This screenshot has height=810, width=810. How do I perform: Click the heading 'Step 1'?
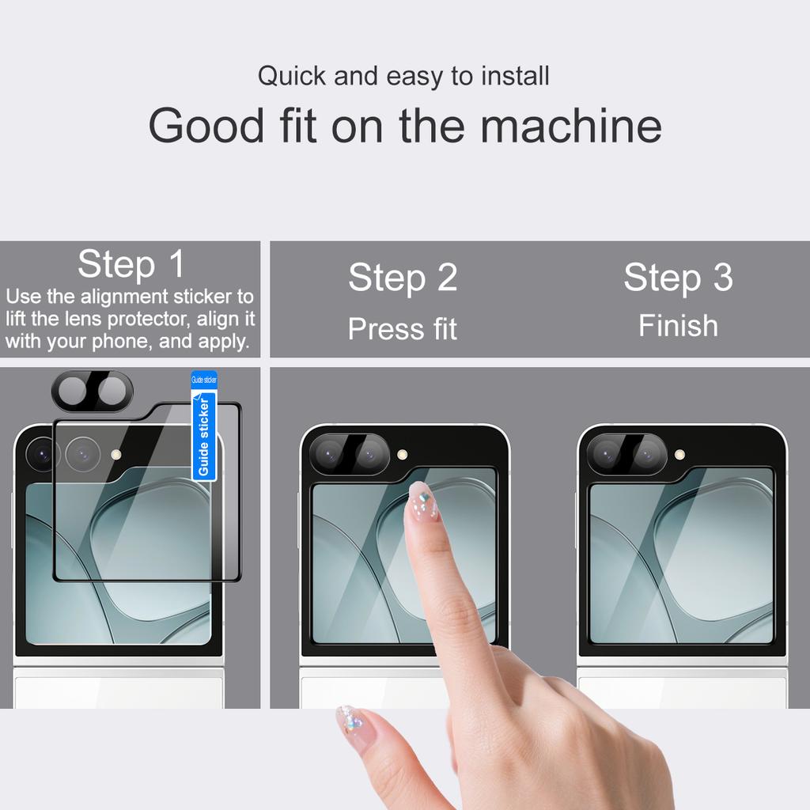pos(131,264)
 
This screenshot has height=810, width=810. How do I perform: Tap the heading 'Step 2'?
pos(403,278)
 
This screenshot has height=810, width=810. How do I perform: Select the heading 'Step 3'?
pos(678,277)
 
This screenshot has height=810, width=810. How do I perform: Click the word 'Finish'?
pos(678,326)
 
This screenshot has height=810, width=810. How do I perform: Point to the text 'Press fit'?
pos(403,329)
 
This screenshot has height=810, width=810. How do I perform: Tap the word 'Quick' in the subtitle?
pos(292,77)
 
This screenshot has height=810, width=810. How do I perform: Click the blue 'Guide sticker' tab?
pos(204,427)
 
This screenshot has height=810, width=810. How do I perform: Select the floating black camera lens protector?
pos(93,391)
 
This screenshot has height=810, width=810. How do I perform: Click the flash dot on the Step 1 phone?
pos(116,455)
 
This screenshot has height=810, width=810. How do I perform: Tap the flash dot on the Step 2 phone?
pos(402,455)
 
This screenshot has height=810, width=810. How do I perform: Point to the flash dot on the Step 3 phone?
pos(679,455)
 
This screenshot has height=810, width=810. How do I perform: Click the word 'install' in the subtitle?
pos(512,77)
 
